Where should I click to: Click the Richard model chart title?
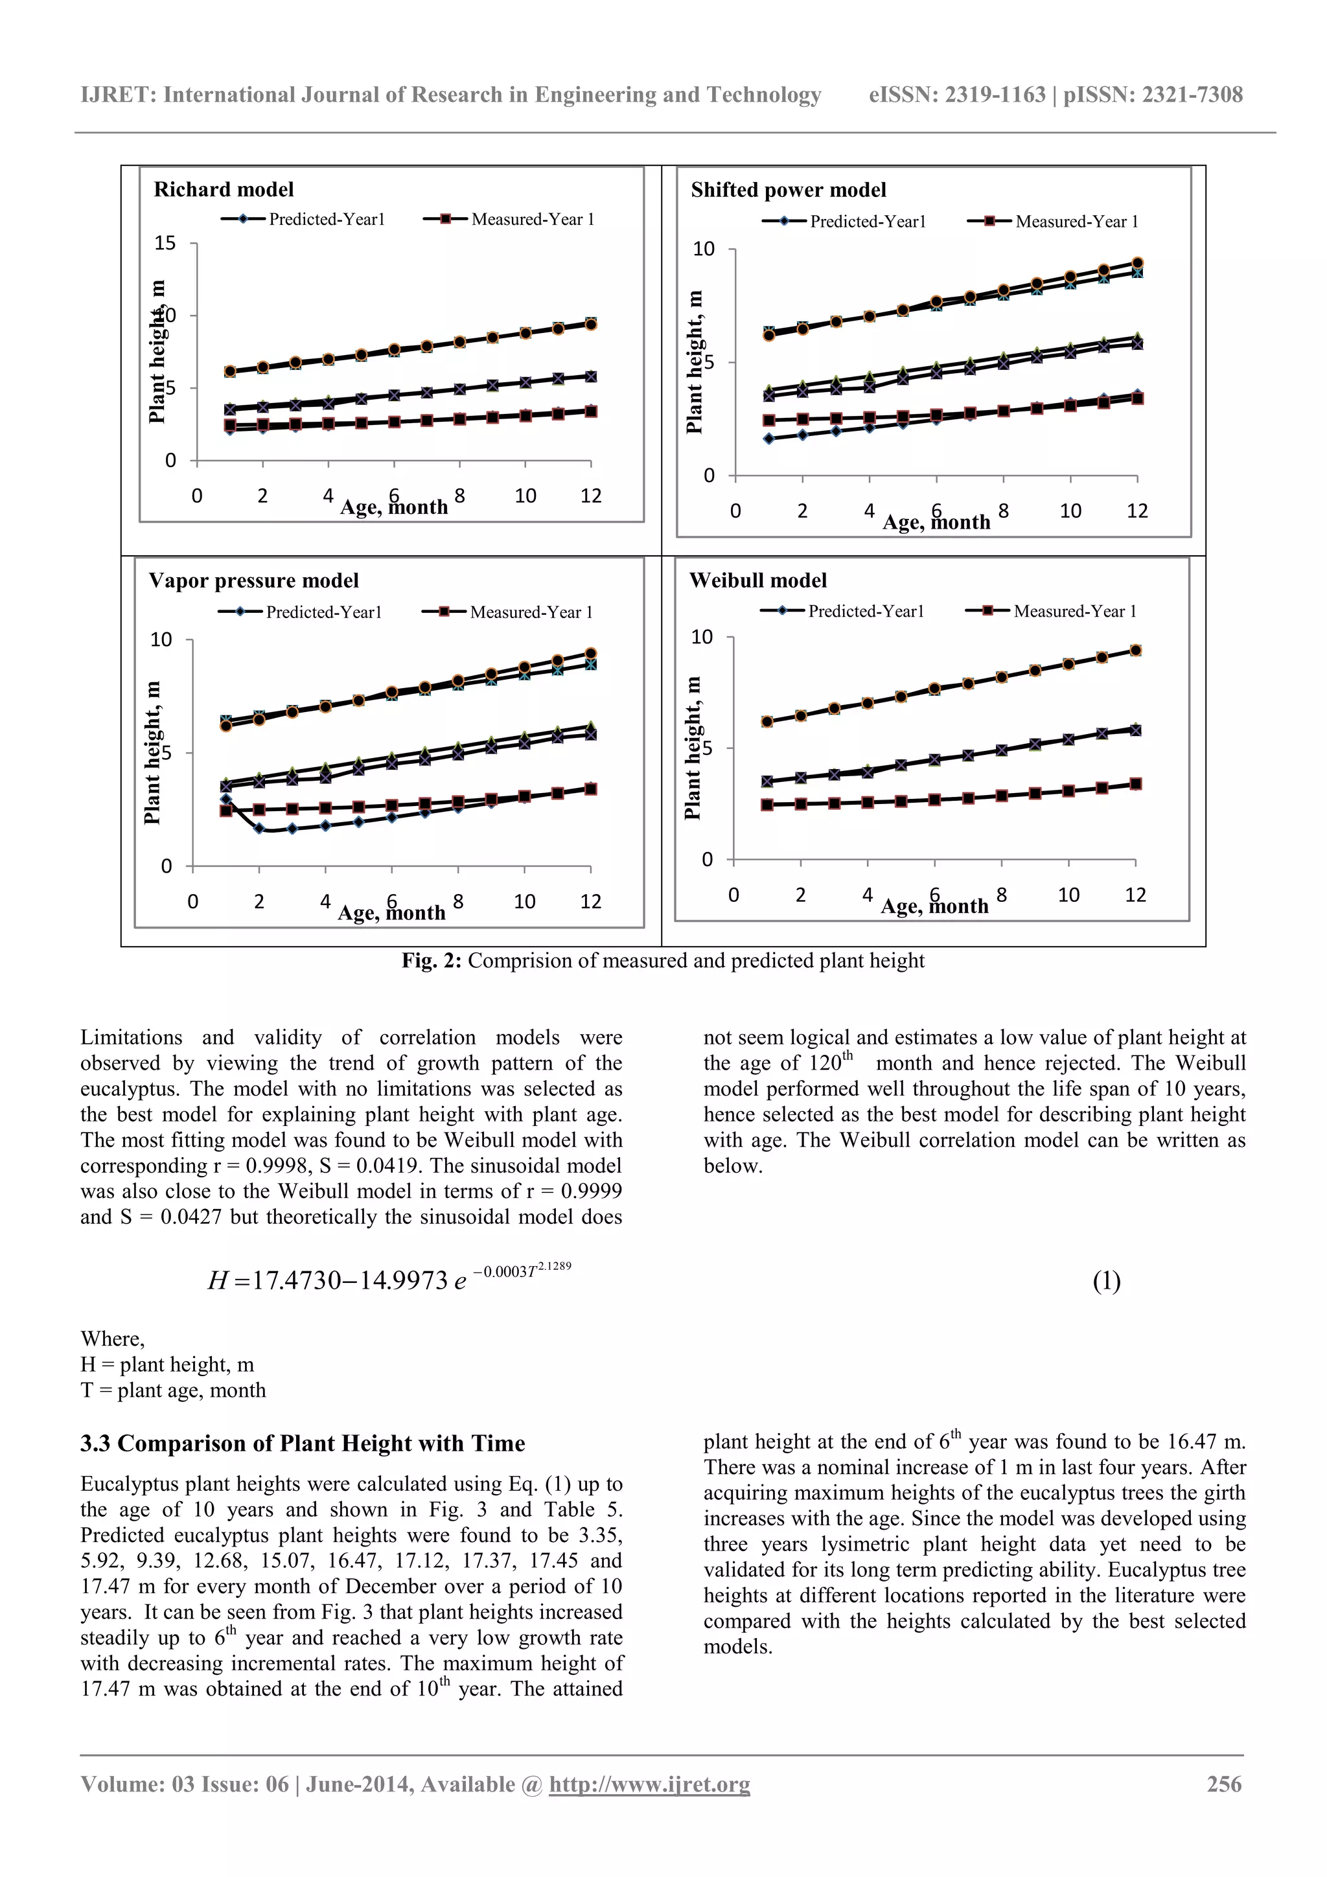click(223, 190)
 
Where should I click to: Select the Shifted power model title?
click(787, 190)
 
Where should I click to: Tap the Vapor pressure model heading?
click(253, 581)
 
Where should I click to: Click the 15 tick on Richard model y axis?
click(165, 243)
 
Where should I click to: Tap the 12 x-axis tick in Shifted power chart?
click(1137, 511)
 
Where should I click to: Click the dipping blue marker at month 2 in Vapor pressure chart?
click(259, 829)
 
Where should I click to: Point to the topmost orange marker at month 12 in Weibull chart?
click(1135, 651)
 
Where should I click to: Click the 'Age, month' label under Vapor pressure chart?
click(391, 912)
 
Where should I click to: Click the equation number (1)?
click(1106, 1280)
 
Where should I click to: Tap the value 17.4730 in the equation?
click(297, 1280)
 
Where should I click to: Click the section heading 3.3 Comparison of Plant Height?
click(302, 1443)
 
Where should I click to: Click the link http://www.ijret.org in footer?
click(649, 1784)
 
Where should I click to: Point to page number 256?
click(1224, 1784)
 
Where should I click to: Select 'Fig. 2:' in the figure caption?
click(431, 961)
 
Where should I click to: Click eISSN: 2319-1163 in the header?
click(956, 95)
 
